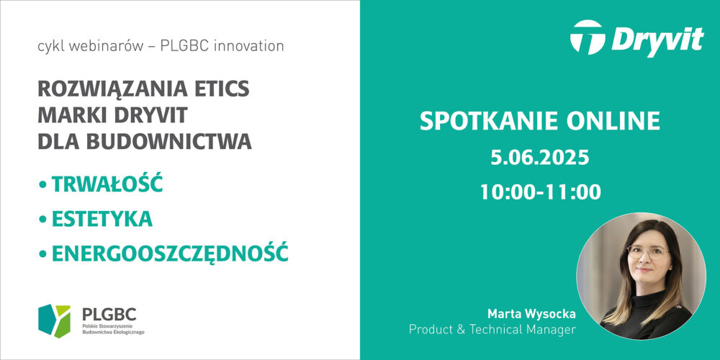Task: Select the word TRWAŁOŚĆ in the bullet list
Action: click(x=107, y=184)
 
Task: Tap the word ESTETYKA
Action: click(x=102, y=219)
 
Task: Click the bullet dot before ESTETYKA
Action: click(x=43, y=220)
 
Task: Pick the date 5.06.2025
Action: click(x=540, y=158)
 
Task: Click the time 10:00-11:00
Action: click(x=541, y=192)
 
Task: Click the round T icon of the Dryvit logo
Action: click(x=588, y=37)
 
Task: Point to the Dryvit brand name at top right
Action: click(x=657, y=40)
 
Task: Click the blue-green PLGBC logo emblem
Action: click(x=54, y=321)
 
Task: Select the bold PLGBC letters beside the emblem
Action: click(x=109, y=315)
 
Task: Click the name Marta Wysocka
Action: click(x=531, y=315)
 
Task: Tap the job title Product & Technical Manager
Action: click(x=492, y=330)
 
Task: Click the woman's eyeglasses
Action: click(x=648, y=251)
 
